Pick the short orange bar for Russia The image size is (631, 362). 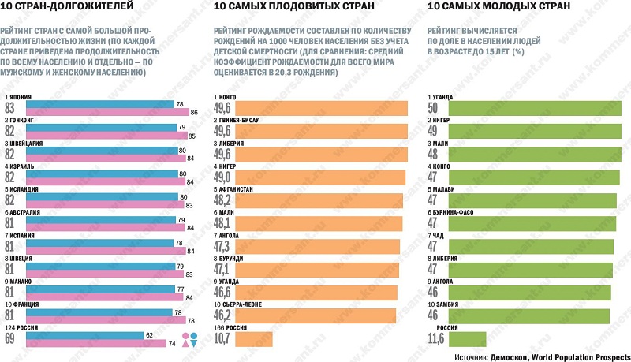[253, 339]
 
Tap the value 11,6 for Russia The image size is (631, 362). [435, 340]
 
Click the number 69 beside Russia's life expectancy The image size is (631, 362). [10, 340]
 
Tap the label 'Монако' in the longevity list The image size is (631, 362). [21, 282]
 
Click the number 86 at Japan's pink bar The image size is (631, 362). [193, 113]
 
